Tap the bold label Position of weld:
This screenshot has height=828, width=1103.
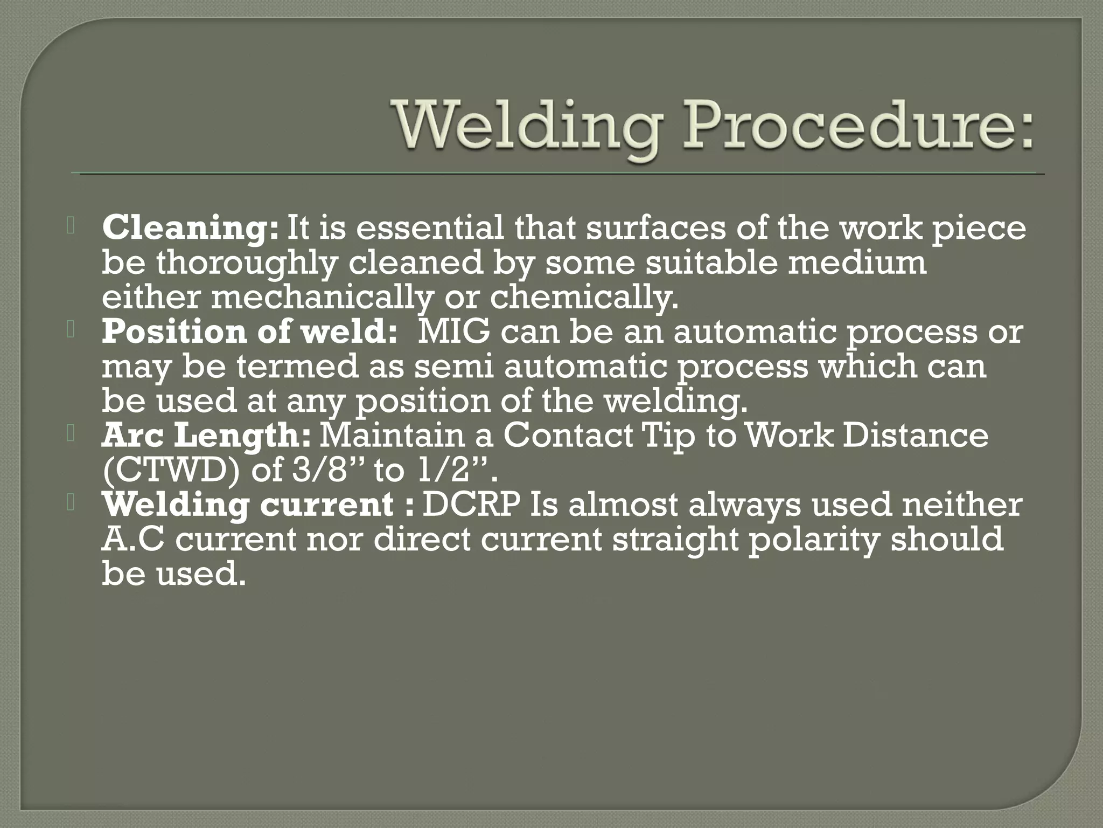coord(249,332)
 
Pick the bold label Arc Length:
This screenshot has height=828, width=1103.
coord(206,436)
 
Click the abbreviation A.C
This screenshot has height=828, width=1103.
coord(132,540)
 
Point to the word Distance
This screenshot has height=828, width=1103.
coord(915,436)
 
